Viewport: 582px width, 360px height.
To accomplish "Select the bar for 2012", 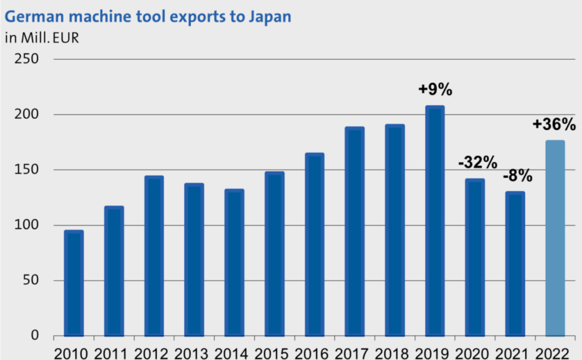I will point(154,256).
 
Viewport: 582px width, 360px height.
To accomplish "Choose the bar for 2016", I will point(314,245).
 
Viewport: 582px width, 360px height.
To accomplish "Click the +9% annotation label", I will point(435,89).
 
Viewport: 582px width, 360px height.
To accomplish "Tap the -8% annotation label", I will point(517,176).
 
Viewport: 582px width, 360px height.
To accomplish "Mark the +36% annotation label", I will point(554,123).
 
